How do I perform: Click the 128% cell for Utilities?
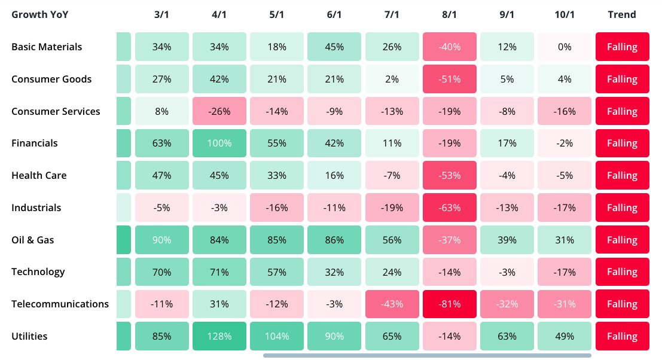[x=219, y=336]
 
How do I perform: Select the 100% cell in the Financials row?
[x=219, y=144]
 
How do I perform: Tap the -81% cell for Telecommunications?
[x=449, y=304]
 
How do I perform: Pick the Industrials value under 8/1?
[x=449, y=208]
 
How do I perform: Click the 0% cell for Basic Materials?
[x=564, y=47]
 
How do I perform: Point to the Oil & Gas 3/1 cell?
[x=162, y=240]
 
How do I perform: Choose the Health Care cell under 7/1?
[x=392, y=176]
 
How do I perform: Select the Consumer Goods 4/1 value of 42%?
[x=219, y=79]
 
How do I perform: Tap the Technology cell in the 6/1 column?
[x=334, y=272]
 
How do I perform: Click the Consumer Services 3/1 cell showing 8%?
[x=162, y=111]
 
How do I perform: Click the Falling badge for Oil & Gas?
[x=622, y=240]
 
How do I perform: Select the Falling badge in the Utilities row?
[x=622, y=336]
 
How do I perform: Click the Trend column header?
[x=622, y=14]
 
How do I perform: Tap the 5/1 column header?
[x=277, y=14]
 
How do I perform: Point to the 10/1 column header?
[x=564, y=14]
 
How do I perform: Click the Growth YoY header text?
[x=40, y=14]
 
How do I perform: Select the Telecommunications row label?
[x=60, y=304]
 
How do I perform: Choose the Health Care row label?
[x=39, y=176]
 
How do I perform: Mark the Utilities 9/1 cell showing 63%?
[x=507, y=336]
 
